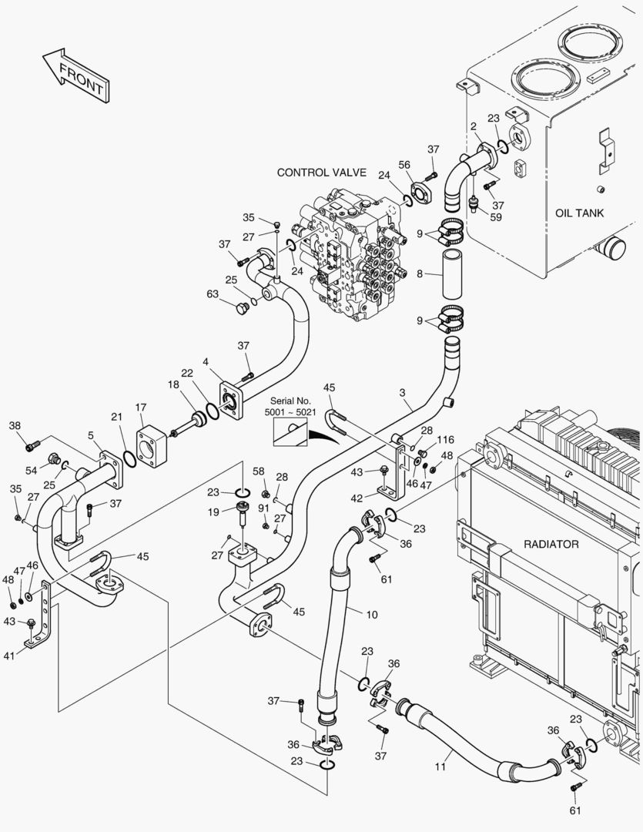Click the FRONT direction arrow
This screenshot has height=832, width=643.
pyautogui.click(x=75, y=75)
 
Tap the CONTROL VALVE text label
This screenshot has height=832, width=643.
pyautogui.click(x=321, y=173)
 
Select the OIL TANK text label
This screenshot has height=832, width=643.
pyautogui.click(x=579, y=213)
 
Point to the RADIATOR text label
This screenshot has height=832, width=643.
pyautogui.click(x=551, y=544)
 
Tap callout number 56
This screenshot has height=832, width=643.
pyautogui.click(x=404, y=164)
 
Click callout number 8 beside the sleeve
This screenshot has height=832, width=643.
pyautogui.click(x=420, y=273)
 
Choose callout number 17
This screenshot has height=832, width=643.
pyautogui.click(x=141, y=407)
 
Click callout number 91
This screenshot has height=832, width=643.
pyautogui.click(x=264, y=508)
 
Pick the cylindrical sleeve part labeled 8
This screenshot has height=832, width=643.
pyautogui.click(x=451, y=273)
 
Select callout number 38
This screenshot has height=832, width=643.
pyautogui.click(x=15, y=425)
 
